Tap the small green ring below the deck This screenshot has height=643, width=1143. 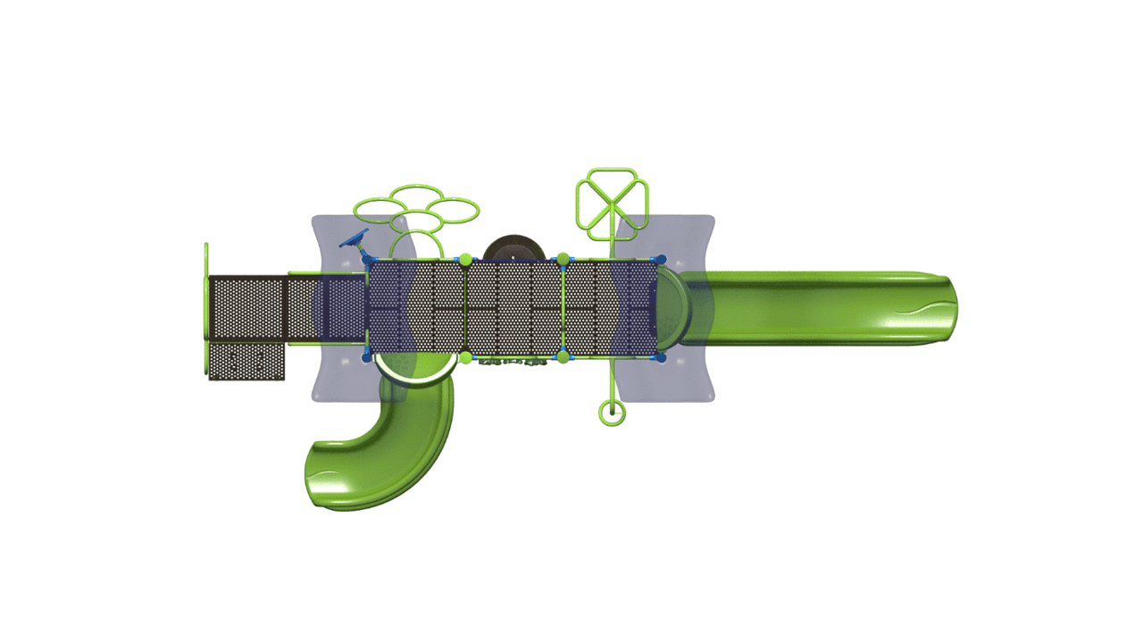pyautogui.click(x=612, y=413)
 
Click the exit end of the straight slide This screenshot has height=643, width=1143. pyautogui.click(x=938, y=308)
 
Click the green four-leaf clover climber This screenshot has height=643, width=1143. pyautogui.click(x=612, y=204)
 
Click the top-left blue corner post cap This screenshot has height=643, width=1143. pyautogui.click(x=368, y=260)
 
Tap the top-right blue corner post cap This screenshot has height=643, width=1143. pyautogui.click(x=661, y=260)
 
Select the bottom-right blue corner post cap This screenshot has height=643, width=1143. pyautogui.click(x=661, y=357)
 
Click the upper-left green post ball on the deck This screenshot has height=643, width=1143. pyautogui.click(x=465, y=260)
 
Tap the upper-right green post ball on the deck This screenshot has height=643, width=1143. pyautogui.click(x=563, y=260)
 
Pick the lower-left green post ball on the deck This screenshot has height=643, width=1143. pyautogui.click(x=465, y=357)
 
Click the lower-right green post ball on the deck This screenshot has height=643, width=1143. pyautogui.click(x=563, y=357)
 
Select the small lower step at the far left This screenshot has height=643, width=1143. pyautogui.click(x=246, y=361)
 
